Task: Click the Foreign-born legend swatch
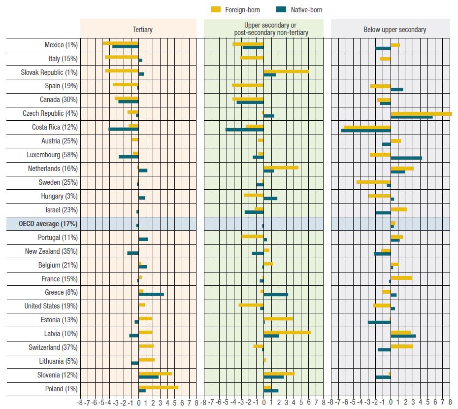[x=216, y=10]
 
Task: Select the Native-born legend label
[x=306, y=10]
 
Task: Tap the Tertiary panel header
[x=142, y=30]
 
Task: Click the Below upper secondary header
[x=394, y=30]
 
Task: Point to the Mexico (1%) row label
[x=61, y=45]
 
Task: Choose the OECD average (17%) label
[x=48, y=224]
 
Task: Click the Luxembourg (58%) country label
[x=52, y=155]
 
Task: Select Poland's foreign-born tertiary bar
[x=158, y=387]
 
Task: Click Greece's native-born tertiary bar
[x=151, y=294]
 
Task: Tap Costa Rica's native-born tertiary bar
[x=123, y=129]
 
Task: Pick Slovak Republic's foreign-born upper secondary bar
[x=286, y=71]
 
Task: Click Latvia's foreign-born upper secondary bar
[x=287, y=333]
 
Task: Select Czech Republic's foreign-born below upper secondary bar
[x=421, y=114]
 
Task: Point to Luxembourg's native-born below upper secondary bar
[x=406, y=158]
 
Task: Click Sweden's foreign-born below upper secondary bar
[x=374, y=182]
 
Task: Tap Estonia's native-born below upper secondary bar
[x=379, y=322]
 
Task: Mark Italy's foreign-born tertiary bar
[x=122, y=57]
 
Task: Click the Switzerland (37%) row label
[x=53, y=347]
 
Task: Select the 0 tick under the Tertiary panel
[x=138, y=403]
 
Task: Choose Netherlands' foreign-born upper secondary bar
[x=281, y=168]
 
